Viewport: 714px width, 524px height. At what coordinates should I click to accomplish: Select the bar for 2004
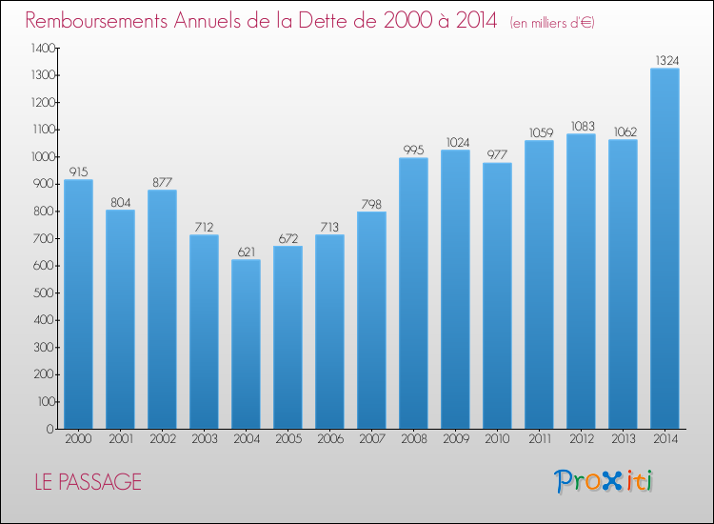point(246,344)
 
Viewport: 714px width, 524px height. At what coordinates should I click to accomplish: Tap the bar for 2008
point(413,292)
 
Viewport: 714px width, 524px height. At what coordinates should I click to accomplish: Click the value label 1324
point(665,61)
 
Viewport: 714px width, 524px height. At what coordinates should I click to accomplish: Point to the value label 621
point(246,252)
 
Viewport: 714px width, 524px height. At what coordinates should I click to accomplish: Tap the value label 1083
point(582,127)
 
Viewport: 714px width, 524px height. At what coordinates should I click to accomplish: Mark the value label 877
point(162,183)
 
